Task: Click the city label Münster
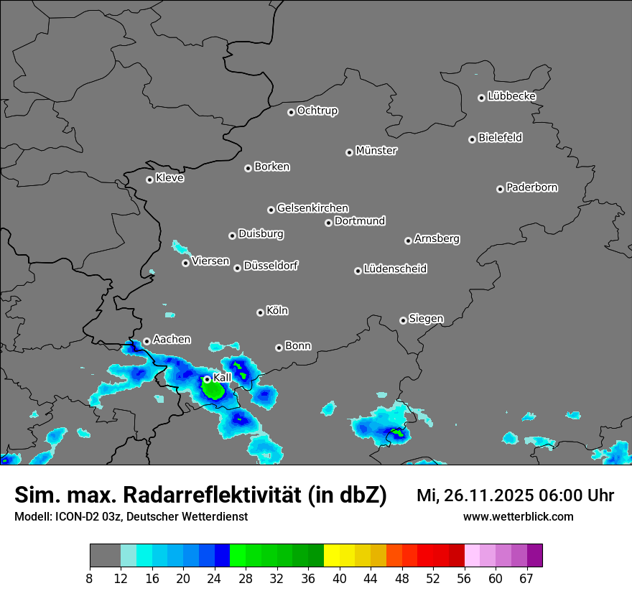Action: (x=376, y=151)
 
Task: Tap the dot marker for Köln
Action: (x=260, y=312)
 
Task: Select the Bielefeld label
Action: (x=500, y=138)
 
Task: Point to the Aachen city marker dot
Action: (x=147, y=342)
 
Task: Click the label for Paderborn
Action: (x=531, y=187)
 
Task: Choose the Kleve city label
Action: (x=169, y=178)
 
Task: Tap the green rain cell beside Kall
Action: (x=213, y=390)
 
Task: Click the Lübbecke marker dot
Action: (x=481, y=98)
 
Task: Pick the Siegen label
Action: (x=426, y=319)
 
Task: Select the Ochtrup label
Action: (x=317, y=111)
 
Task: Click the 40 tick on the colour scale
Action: (x=339, y=578)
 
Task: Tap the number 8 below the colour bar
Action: (x=90, y=578)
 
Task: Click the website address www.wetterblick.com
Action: (x=518, y=516)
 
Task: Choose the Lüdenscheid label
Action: (x=395, y=269)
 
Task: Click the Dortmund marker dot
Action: (x=328, y=223)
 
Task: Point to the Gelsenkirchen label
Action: (x=312, y=208)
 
